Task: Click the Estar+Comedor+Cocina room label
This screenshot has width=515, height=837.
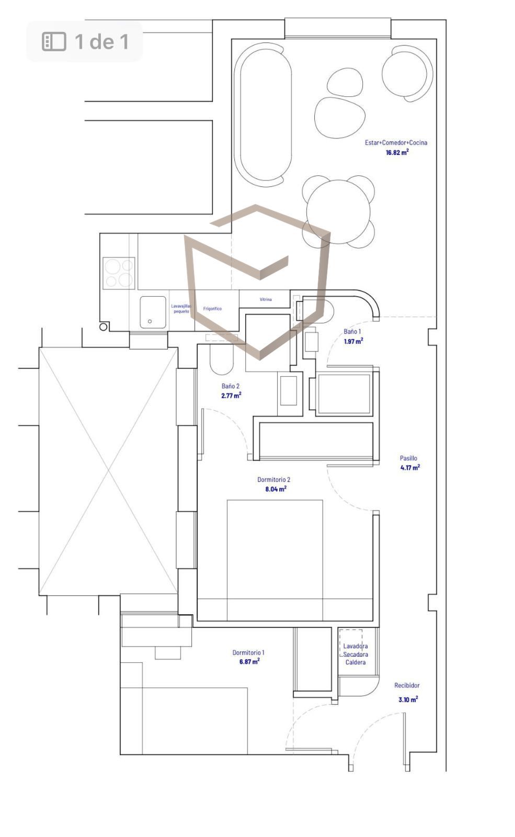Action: (396, 142)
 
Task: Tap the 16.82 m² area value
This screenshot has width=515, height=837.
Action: (397, 152)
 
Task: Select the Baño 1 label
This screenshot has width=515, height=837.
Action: (352, 332)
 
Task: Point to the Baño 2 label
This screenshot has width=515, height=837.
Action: (231, 386)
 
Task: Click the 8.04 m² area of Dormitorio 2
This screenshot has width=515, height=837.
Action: (276, 489)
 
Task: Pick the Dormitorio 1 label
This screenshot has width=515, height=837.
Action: (248, 652)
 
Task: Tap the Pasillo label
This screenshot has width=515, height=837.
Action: (408, 458)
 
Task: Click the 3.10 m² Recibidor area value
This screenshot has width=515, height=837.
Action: (408, 699)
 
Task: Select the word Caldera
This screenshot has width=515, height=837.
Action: (356, 662)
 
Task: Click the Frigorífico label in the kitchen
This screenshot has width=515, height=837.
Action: (212, 309)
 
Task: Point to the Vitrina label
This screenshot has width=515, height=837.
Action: (266, 299)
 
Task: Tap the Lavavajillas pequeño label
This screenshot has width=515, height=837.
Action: (181, 309)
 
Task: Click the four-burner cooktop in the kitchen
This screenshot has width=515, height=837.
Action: (119, 273)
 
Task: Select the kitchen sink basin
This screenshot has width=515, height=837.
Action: (153, 312)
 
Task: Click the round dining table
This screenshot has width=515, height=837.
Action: (338, 211)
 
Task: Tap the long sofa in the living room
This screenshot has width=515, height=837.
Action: (263, 115)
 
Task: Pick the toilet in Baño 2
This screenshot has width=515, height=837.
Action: (222, 359)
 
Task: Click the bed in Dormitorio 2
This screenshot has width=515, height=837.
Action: (275, 560)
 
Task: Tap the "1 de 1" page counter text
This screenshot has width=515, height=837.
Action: (101, 41)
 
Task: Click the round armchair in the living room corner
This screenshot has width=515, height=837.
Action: (407, 73)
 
